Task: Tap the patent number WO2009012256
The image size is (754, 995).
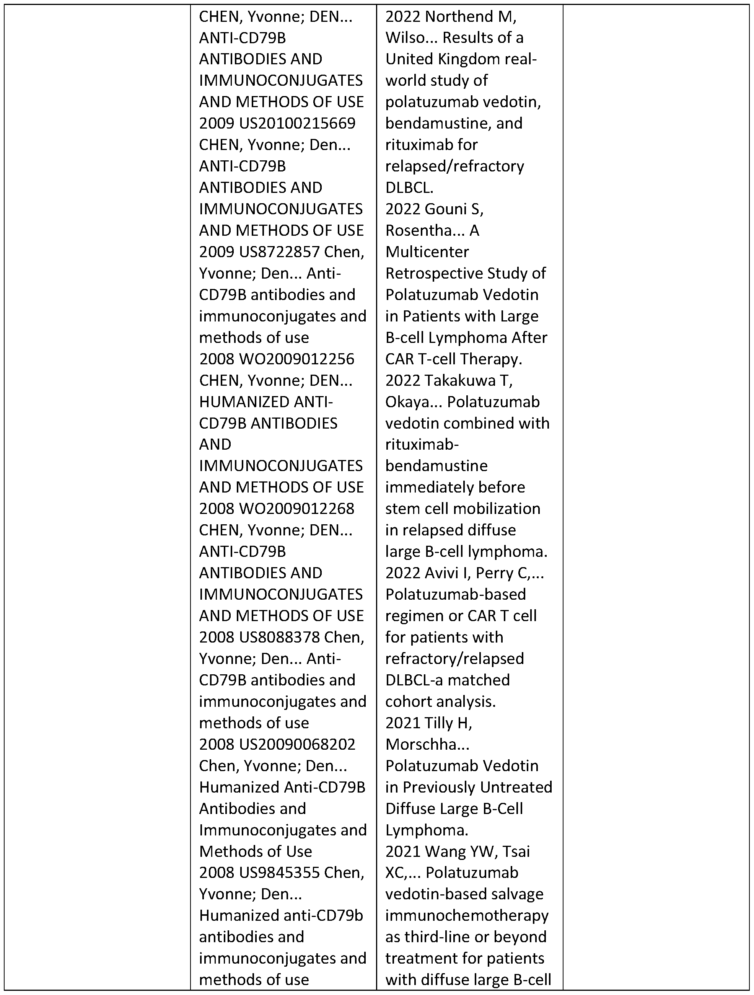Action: click(x=296, y=359)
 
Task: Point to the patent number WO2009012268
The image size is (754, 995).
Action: click(x=296, y=508)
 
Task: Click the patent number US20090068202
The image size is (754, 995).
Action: click(x=297, y=744)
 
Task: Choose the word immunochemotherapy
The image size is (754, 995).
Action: click(x=467, y=915)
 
